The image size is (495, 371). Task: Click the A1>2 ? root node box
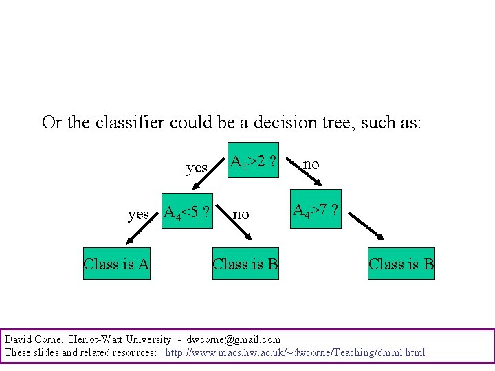click(252, 163)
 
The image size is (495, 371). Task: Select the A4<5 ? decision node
click(186, 213)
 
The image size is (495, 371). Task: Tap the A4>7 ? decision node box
click(315, 210)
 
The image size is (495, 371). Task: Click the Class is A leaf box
click(117, 263)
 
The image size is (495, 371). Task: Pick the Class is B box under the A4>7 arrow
click(401, 263)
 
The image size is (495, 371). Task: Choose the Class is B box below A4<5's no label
click(245, 263)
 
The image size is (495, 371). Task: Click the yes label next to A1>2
click(197, 167)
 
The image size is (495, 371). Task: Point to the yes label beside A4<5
click(139, 214)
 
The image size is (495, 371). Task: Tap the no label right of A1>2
click(311, 164)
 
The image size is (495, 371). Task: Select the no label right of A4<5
click(241, 214)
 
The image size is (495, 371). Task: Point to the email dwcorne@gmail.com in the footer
click(234, 339)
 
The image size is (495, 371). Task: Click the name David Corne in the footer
click(32, 339)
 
